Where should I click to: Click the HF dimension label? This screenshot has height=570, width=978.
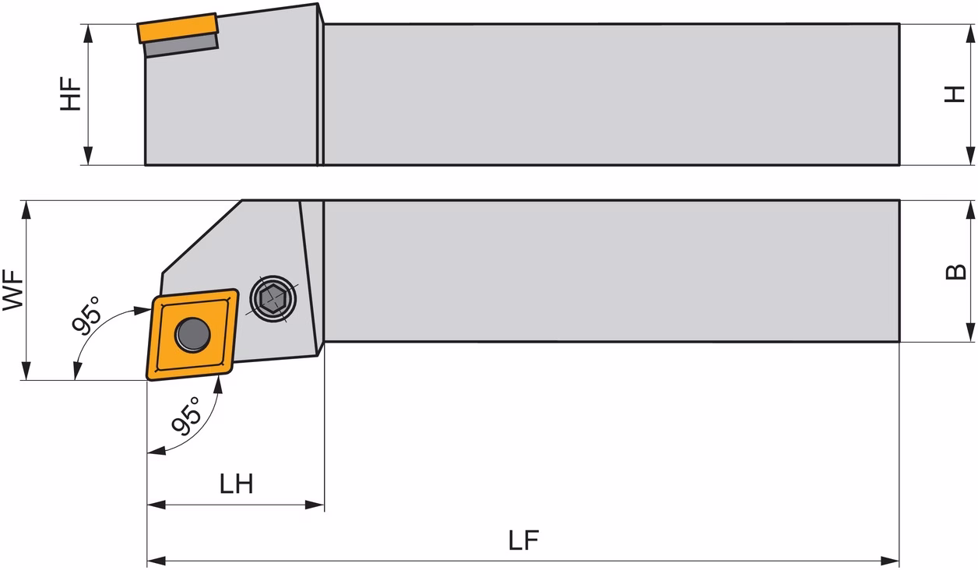click(71, 94)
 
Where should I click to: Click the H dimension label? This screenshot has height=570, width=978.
click(955, 94)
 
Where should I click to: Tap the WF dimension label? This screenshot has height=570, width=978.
click(13, 290)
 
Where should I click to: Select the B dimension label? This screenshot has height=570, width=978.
click(955, 272)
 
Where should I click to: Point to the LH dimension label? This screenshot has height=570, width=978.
click(236, 484)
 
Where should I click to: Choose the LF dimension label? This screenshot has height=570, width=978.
click(523, 540)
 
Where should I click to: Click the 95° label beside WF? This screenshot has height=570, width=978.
click(86, 316)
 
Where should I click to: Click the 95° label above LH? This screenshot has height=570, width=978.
click(185, 417)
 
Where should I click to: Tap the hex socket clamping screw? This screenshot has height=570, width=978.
click(273, 299)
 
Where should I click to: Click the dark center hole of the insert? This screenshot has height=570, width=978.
click(192, 335)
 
